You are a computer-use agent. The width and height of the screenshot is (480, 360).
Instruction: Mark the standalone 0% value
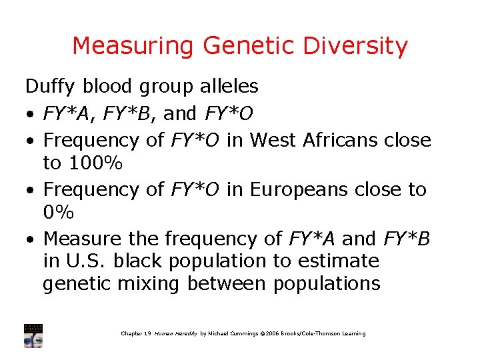click(x=57, y=212)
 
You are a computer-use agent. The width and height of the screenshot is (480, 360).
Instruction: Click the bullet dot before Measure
click(x=31, y=239)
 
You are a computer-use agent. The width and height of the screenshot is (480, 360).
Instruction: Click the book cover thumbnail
click(x=33, y=335)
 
